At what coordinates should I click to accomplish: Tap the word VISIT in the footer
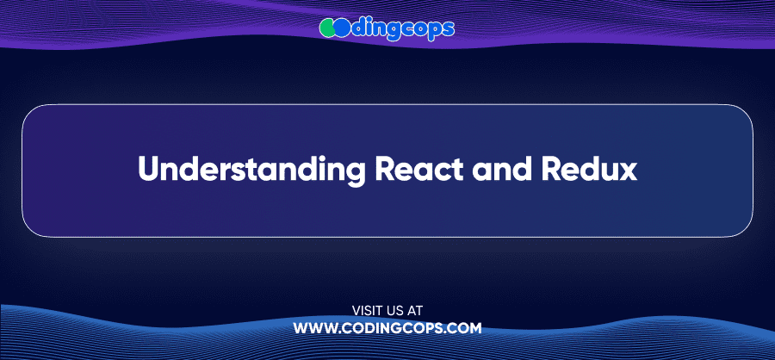pos(366,311)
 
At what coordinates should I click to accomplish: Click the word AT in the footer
pos(416,311)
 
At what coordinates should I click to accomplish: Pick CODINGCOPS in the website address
pos(393,328)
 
